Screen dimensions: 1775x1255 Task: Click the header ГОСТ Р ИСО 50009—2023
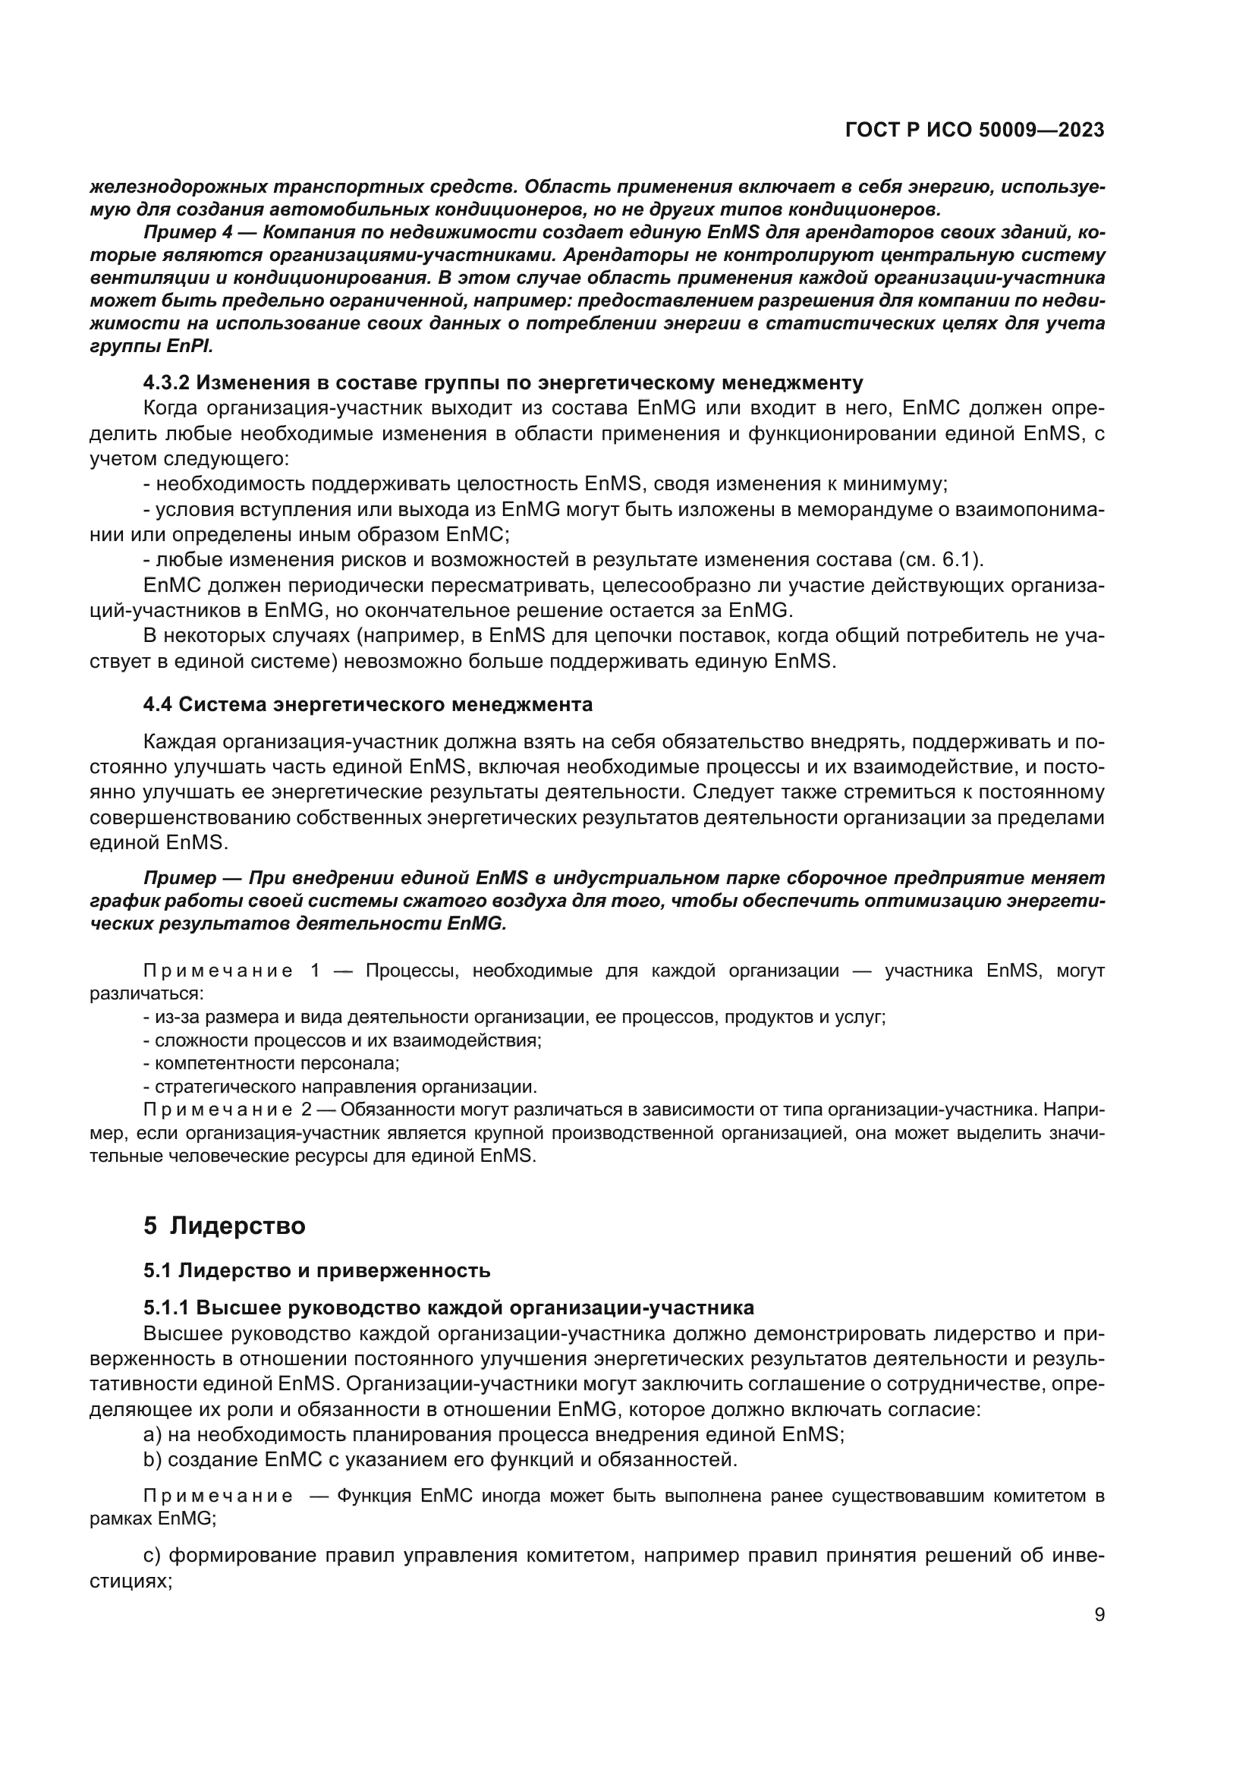click(x=975, y=131)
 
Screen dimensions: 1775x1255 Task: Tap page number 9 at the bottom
click(x=1099, y=1614)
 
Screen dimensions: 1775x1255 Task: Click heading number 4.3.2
click(x=166, y=382)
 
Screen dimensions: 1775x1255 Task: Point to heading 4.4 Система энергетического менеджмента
click(x=368, y=704)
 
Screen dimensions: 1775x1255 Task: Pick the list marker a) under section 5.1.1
click(x=153, y=1434)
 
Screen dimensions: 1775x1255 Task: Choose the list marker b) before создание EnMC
click(x=153, y=1459)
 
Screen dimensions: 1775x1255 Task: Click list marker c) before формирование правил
click(x=153, y=1555)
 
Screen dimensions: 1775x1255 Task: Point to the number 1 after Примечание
click(x=315, y=971)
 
